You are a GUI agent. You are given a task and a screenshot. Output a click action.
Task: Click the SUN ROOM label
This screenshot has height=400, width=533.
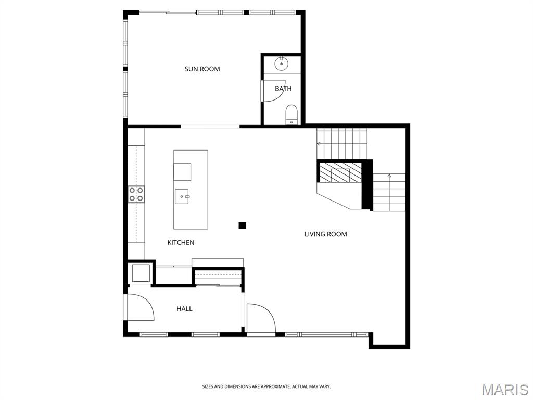(x=202, y=69)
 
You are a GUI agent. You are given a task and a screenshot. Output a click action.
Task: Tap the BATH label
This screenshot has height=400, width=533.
(x=283, y=89)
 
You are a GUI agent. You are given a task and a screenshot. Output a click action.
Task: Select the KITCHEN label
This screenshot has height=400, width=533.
(x=181, y=242)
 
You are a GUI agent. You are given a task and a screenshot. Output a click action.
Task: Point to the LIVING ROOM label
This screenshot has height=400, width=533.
(x=325, y=234)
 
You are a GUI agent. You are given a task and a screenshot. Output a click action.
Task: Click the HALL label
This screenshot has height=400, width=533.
(x=184, y=309)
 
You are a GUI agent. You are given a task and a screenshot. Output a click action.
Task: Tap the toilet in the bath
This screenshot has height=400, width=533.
(x=291, y=114)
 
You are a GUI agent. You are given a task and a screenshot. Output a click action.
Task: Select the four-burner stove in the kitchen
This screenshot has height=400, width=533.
(x=136, y=194)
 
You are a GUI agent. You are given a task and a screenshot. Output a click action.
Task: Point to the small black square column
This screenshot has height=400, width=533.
(x=242, y=226)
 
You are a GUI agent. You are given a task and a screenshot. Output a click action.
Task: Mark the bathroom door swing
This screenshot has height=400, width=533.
(x=271, y=92)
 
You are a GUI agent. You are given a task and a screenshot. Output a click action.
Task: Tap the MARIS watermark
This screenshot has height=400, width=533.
(x=504, y=389)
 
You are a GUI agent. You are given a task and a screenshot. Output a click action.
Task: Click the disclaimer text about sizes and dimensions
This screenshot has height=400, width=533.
(x=266, y=386)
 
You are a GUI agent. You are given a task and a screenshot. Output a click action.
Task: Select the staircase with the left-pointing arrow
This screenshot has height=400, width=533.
(x=342, y=143)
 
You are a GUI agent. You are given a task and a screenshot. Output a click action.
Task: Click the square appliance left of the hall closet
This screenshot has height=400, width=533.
(x=141, y=273)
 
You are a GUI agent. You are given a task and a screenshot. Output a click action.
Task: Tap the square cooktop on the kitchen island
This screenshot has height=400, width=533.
(x=182, y=171)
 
